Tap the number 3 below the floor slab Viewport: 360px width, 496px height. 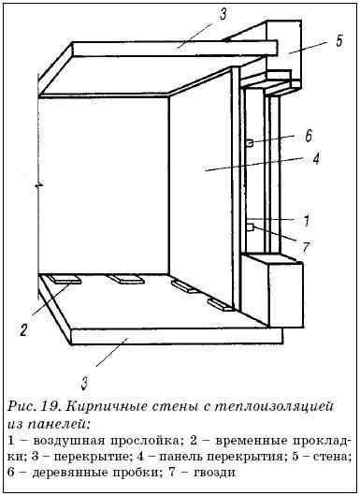[87, 383]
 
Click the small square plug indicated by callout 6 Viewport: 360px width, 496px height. [252, 142]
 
